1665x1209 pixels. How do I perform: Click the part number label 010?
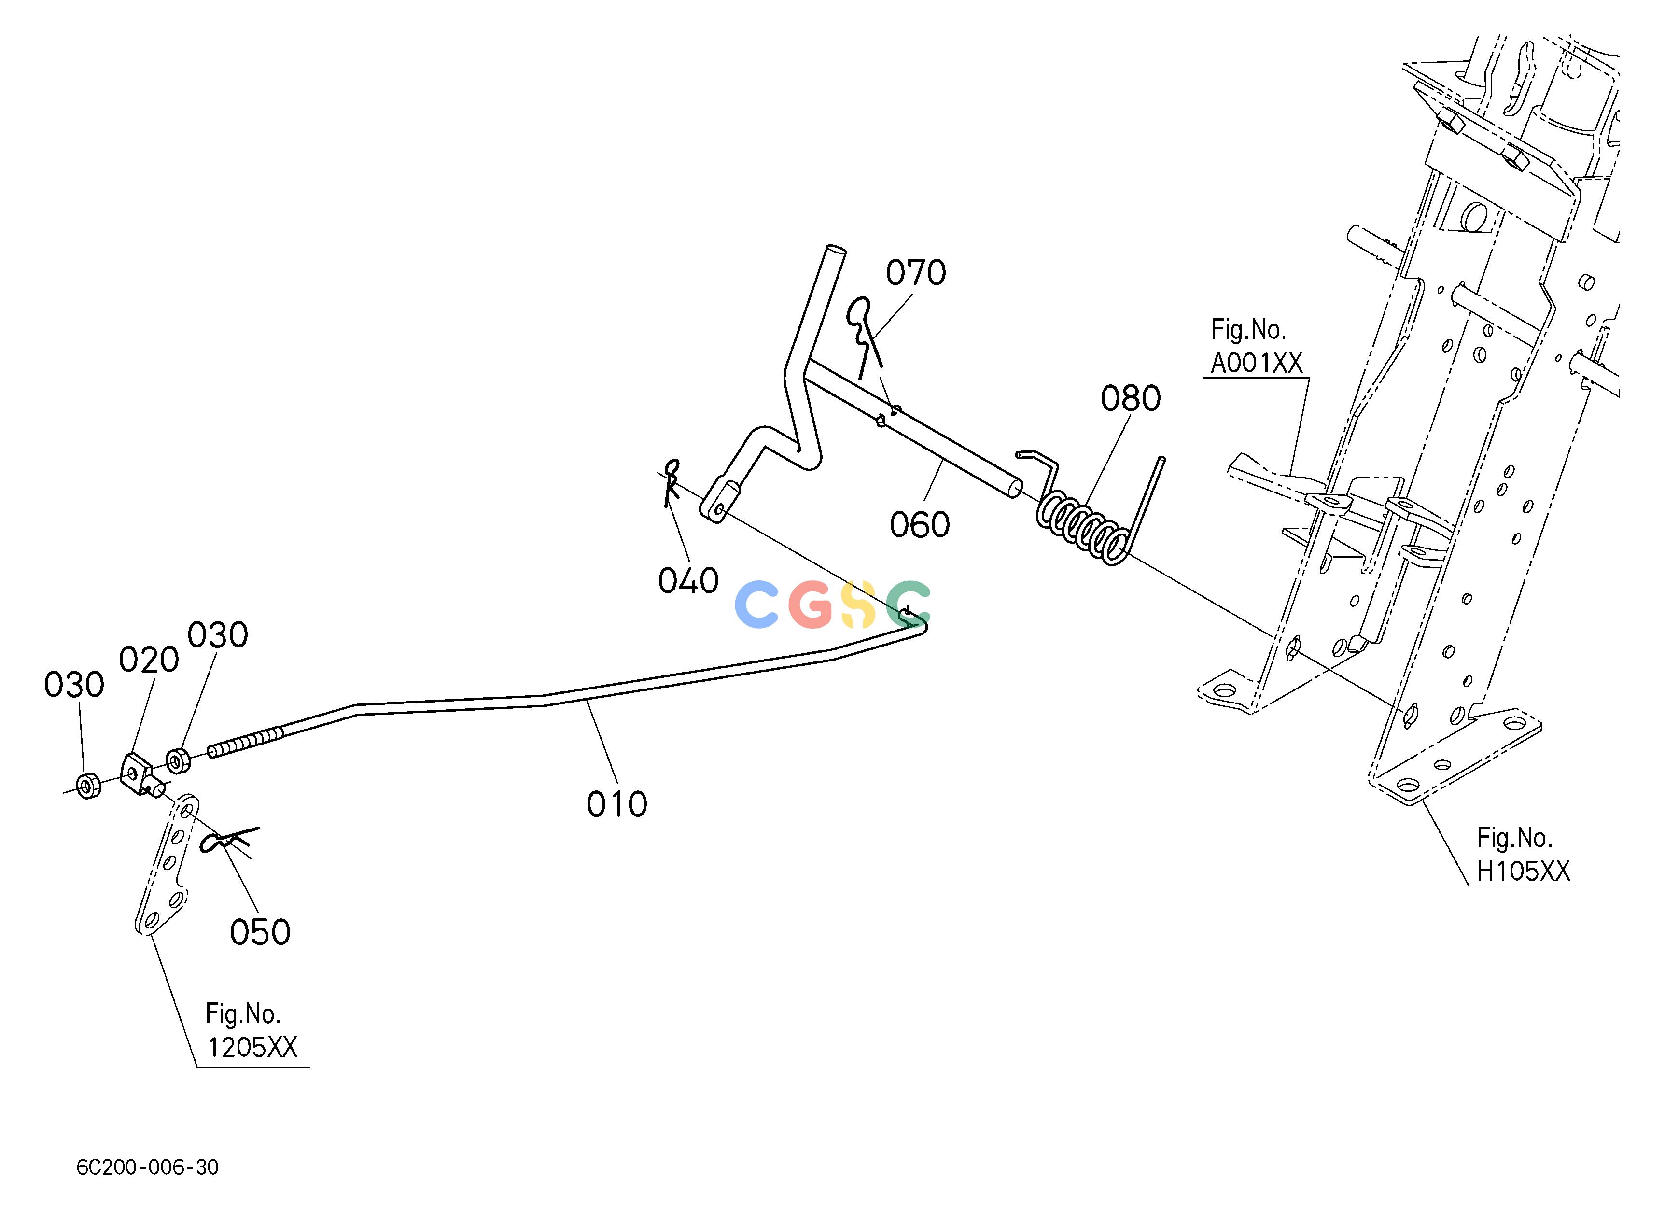click(616, 804)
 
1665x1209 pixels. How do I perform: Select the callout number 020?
click(149, 660)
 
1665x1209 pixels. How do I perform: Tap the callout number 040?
click(688, 581)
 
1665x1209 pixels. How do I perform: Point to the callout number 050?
click(260, 932)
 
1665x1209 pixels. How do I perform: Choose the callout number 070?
click(915, 273)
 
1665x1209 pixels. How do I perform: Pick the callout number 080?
click(1131, 399)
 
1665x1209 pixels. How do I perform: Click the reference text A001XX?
click(1256, 364)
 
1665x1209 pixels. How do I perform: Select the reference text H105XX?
click(1524, 872)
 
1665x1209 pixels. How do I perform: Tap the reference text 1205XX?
click(252, 1048)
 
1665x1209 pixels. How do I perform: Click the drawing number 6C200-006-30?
click(148, 1167)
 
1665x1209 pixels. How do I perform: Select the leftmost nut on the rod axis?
click(88, 786)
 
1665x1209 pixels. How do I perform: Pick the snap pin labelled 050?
click(229, 841)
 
